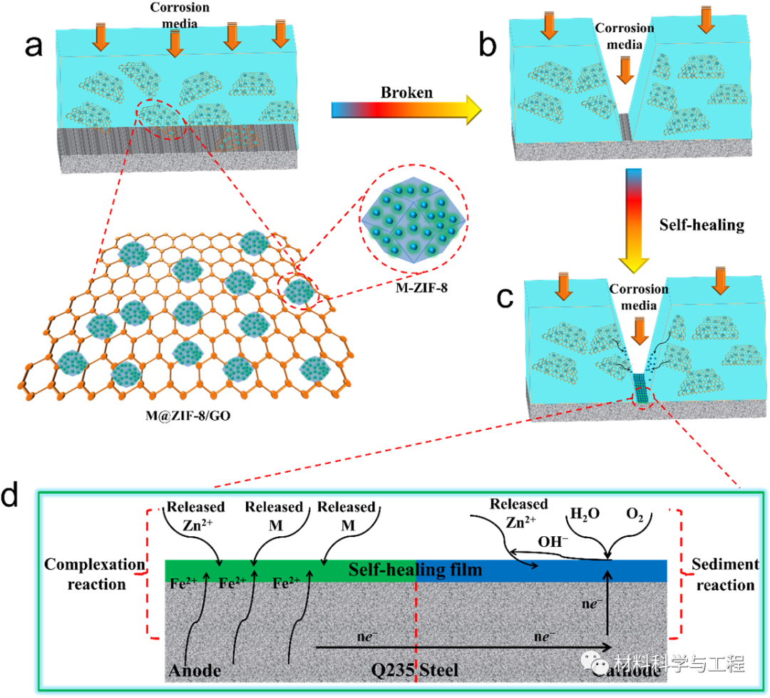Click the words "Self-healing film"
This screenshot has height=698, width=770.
[415, 570]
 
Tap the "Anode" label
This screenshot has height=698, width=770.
[195, 671]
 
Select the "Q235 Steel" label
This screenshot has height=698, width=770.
[414, 670]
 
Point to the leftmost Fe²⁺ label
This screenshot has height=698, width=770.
[183, 583]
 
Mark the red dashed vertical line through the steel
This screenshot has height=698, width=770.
[415, 627]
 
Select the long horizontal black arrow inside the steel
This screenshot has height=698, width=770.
[463, 647]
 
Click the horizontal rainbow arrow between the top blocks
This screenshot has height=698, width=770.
[406, 110]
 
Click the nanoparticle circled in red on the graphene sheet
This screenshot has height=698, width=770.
[299, 289]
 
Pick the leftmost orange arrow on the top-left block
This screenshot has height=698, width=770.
[101, 36]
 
